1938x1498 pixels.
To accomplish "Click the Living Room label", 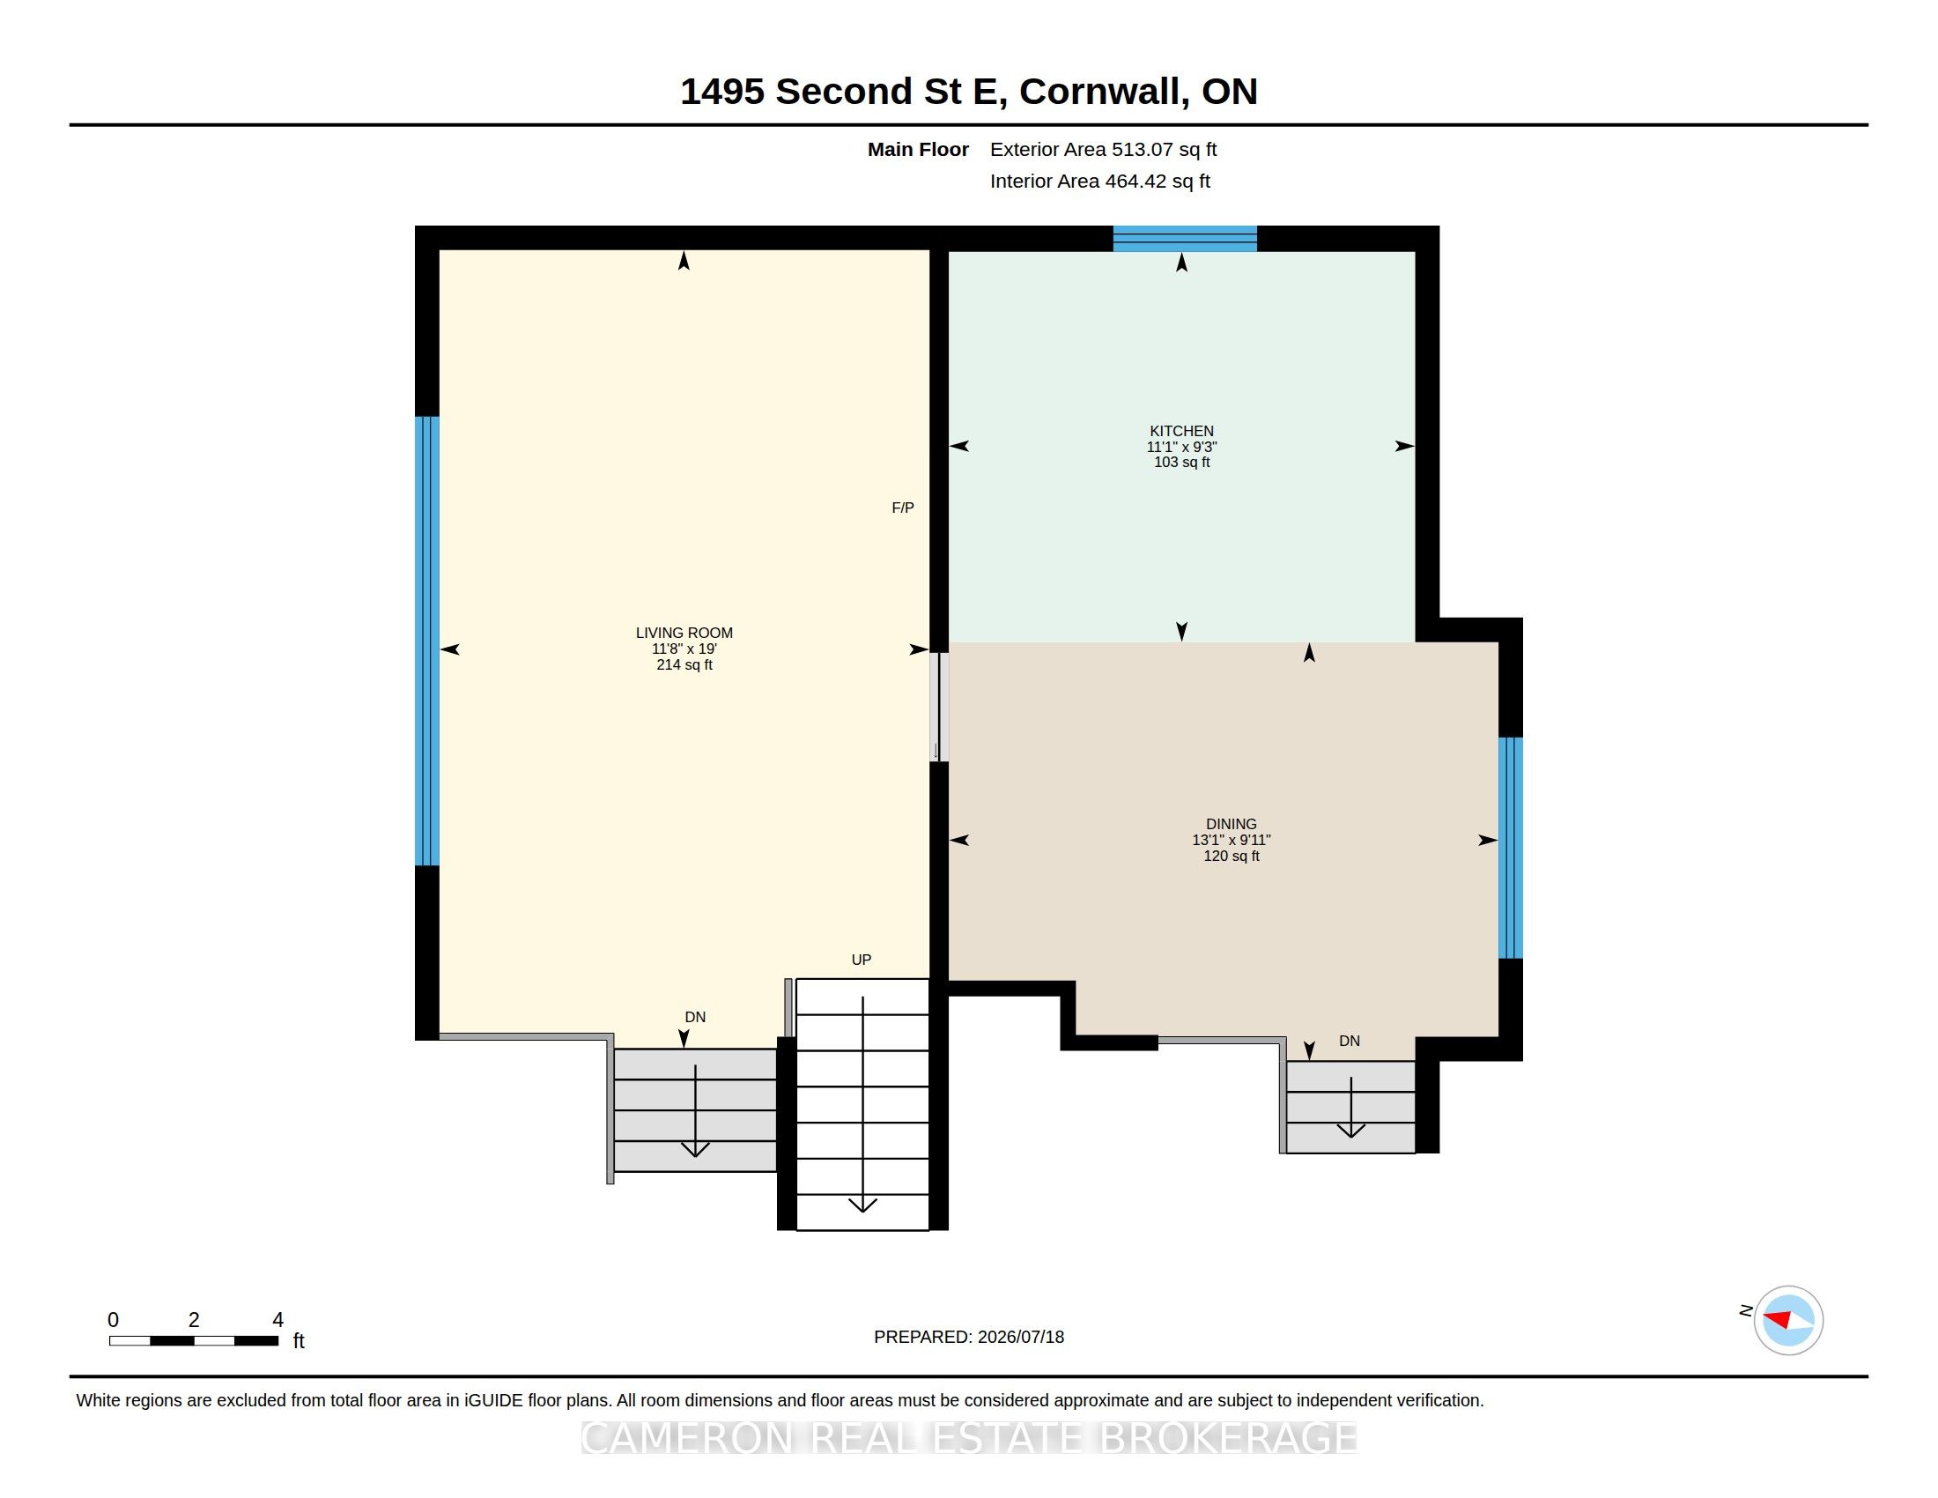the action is [x=684, y=633].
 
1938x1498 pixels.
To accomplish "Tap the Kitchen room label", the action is [x=1181, y=431].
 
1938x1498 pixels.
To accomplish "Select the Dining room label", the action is [x=1231, y=825].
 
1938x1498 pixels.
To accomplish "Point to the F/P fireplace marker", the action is [x=902, y=508].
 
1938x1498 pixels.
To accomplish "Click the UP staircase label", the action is [x=861, y=960].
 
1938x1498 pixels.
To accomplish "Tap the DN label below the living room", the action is [x=695, y=1017].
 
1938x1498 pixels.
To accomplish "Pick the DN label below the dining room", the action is [x=1349, y=1041].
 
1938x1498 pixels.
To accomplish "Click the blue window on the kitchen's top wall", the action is [x=1185, y=239].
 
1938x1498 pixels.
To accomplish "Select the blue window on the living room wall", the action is [x=427, y=641].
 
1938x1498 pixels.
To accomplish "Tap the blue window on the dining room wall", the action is [x=1510, y=848].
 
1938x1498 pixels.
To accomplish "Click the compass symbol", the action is [x=1787, y=1321].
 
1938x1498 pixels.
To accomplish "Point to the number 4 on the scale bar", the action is [x=277, y=1320].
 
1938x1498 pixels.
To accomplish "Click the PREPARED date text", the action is [x=968, y=1337].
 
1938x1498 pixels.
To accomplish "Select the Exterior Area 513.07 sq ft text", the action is [x=1103, y=150].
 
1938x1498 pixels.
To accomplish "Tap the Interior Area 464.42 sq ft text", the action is [x=1099, y=181].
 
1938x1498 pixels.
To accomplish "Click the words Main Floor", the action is [x=918, y=150].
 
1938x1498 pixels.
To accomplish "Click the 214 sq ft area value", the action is [x=684, y=664].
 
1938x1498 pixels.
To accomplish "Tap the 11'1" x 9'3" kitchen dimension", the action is [x=1181, y=448].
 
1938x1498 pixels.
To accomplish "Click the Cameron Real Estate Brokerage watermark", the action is [x=969, y=1438].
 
